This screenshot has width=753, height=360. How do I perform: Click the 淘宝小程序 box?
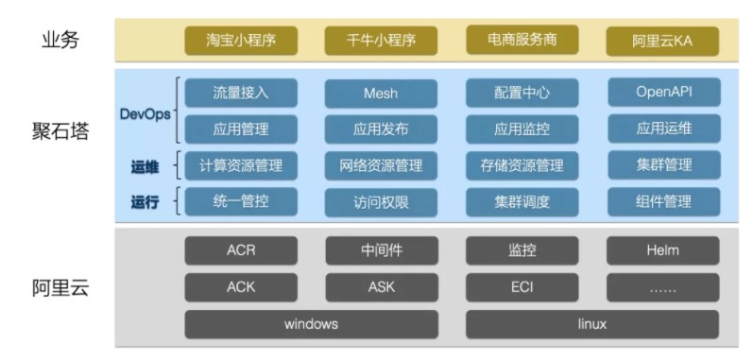[x=240, y=41]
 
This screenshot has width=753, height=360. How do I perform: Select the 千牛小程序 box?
[x=381, y=41]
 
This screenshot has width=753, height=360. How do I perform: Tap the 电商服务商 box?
[x=522, y=40]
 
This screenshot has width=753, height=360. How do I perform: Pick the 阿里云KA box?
[x=662, y=41]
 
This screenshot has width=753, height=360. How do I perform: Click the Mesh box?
[x=381, y=93]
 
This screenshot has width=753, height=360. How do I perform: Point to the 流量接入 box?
[x=241, y=93]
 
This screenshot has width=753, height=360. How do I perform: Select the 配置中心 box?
[x=522, y=93]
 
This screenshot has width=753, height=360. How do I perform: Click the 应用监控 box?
[x=522, y=129]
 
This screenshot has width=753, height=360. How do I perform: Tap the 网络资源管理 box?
[x=381, y=165]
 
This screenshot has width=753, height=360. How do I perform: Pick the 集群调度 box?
[x=522, y=201]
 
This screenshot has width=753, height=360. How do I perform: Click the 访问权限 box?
[x=381, y=201]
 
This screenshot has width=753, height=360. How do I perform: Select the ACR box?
[x=241, y=250]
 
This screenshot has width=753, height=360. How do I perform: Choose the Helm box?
[x=662, y=250]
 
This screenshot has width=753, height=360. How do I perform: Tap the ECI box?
[x=522, y=287]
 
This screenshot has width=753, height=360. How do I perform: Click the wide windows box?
[x=311, y=324]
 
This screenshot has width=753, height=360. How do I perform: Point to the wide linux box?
[x=592, y=324]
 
